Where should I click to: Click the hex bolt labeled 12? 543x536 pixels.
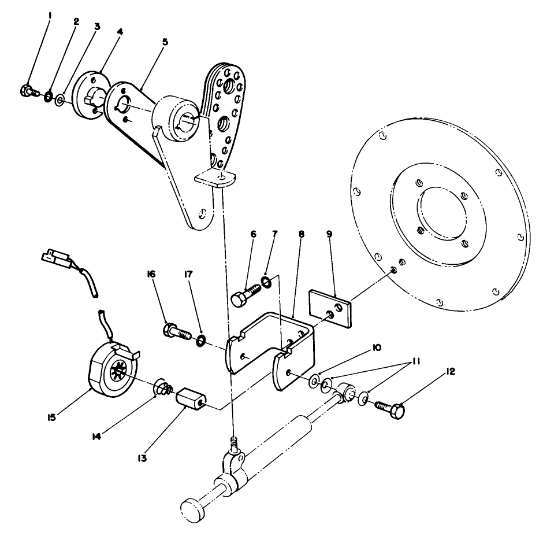tap(390, 408)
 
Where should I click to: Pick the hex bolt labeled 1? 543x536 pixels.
tap(26, 90)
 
